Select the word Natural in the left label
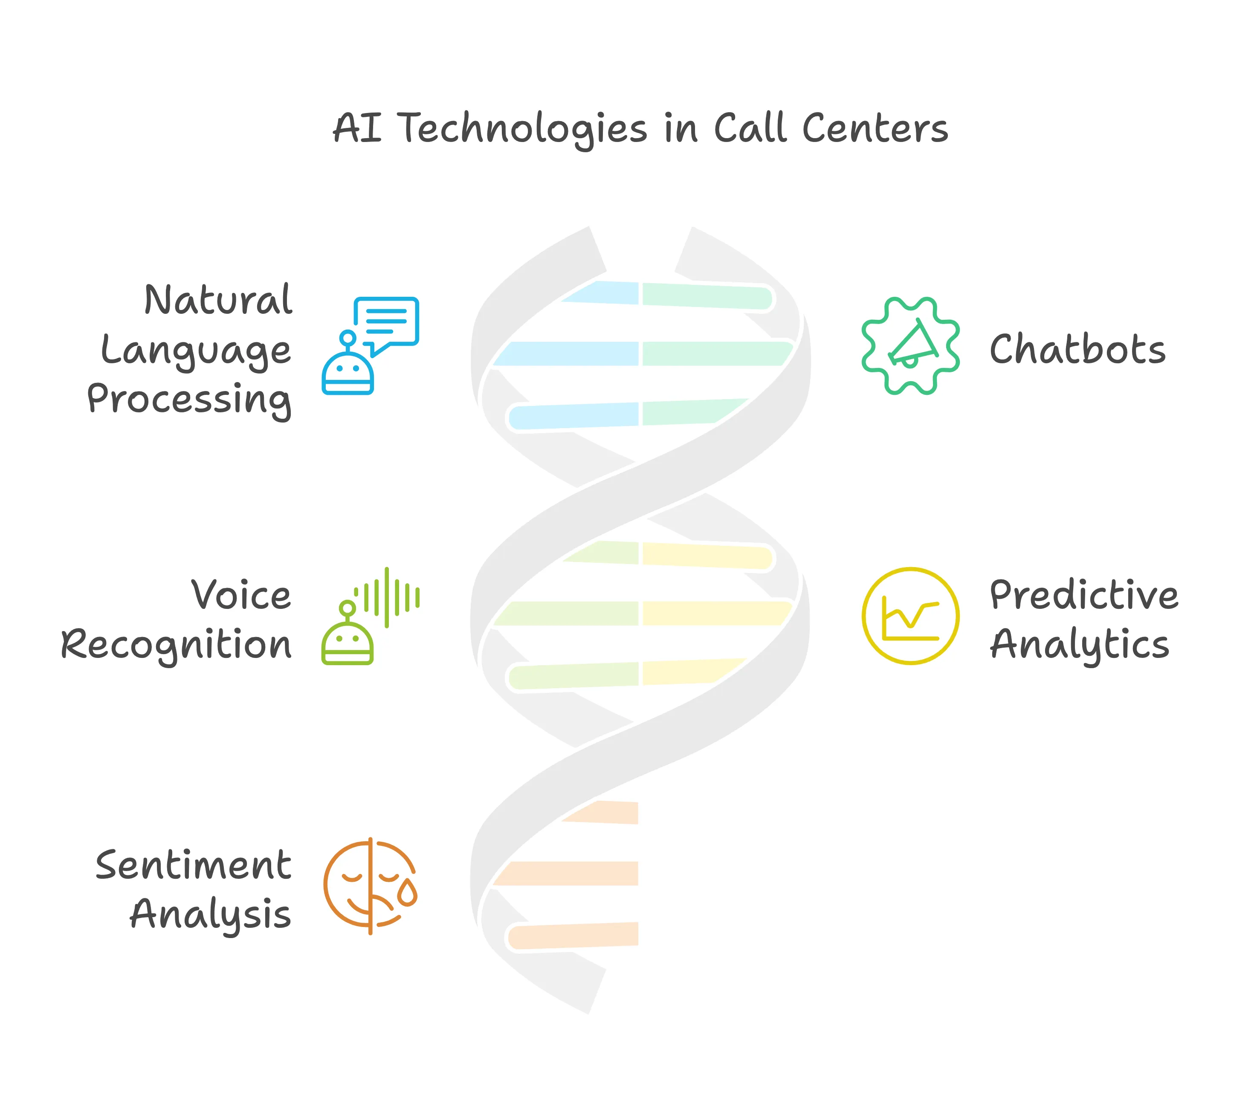pyautogui.click(x=218, y=300)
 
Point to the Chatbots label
pyautogui.click(x=1077, y=349)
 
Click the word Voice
pyautogui.click(x=241, y=595)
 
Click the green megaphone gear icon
pyautogui.click(x=910, y=346)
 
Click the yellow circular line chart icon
pyautogui.click(x=910, y=616)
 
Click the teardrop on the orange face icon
pyautogui.click(x=407, y=893)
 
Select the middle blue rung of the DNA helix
pyautogui.click(x=566, y=353)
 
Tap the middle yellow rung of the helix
pyautogui.click(x=716, y=614)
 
